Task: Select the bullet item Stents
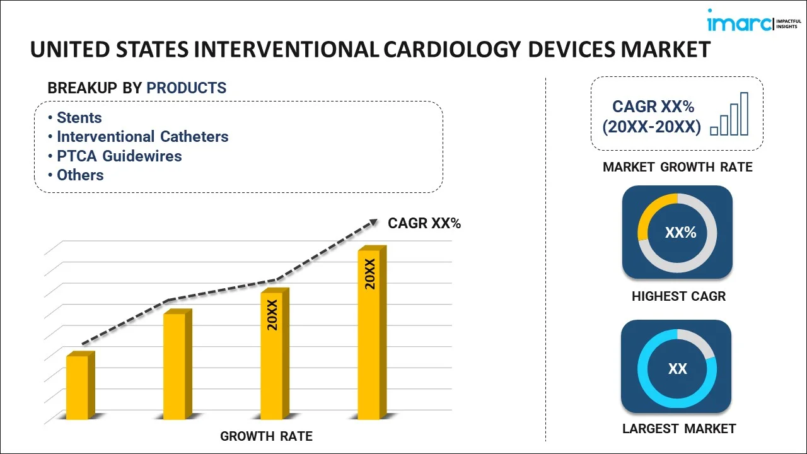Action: [x=79, y=118]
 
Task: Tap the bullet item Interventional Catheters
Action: [x=142, y=137]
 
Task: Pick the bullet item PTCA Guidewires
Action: [x=119, y=156]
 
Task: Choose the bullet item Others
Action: [x=80, y=175]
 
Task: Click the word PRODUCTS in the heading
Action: [x=186, y=88]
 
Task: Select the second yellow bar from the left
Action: [x=175, y=366]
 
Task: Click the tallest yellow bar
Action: [x=369, y=334]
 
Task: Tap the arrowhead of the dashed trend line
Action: [x=373, y=222]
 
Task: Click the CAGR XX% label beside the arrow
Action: [x=424, y=223]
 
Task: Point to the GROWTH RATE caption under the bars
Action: [x=266, y=436]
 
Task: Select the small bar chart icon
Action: [x=729, y=115]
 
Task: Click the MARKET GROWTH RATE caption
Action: [x=678, y=167]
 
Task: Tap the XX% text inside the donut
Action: [x=680, y=233]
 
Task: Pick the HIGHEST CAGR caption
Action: [x=678, y=296]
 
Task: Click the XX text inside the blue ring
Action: [x=677, y=369]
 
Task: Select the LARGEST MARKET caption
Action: [x=679, y=429]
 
